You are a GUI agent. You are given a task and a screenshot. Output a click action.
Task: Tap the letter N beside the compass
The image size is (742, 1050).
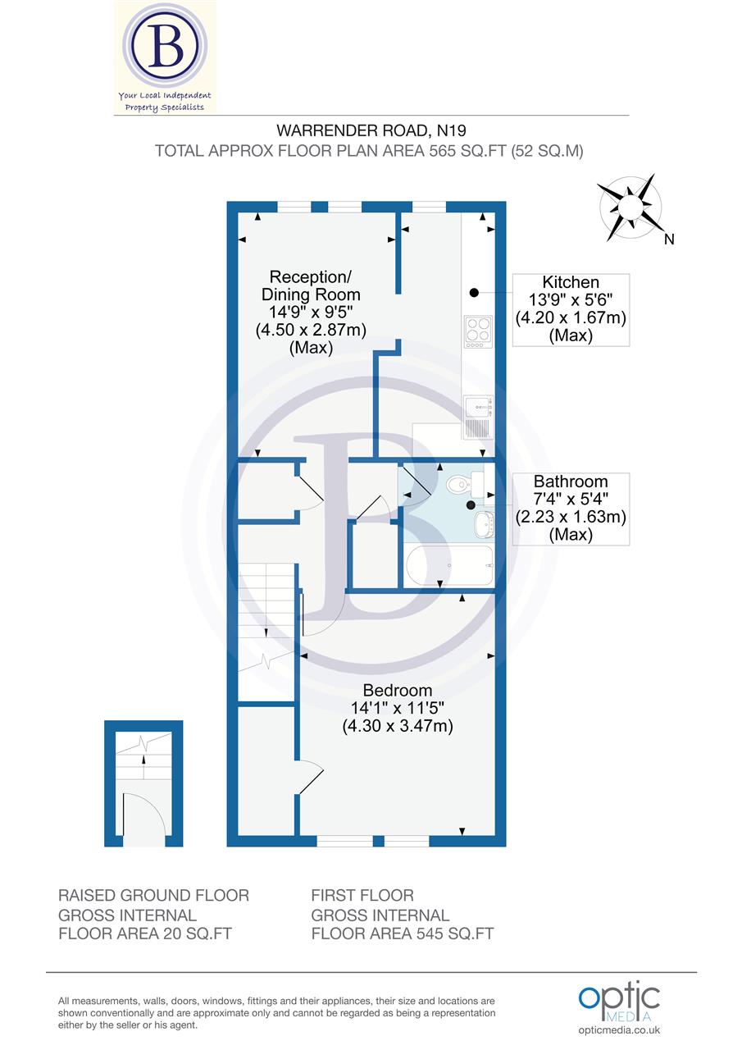(669, 240)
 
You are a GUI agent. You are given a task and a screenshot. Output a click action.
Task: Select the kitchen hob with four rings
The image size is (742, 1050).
(477, 329)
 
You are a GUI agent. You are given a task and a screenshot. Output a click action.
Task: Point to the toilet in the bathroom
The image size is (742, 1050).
(458, 485)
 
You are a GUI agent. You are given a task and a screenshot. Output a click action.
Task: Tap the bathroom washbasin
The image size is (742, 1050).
(485, 523)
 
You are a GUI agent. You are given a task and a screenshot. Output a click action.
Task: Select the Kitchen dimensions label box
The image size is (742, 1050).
(571, 309)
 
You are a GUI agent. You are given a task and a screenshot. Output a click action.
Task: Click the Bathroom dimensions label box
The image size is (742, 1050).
(571, 509)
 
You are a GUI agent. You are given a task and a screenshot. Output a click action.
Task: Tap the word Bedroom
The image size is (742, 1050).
(398, 690)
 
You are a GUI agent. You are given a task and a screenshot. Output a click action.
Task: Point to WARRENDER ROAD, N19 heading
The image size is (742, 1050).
(371, 130)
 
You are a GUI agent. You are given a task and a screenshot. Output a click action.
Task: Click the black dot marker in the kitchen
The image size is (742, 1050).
(474, 292)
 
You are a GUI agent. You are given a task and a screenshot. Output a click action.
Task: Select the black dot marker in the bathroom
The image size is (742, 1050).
(471, 505)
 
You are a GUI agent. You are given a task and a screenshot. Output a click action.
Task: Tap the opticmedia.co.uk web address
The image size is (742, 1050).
(619, 1030)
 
